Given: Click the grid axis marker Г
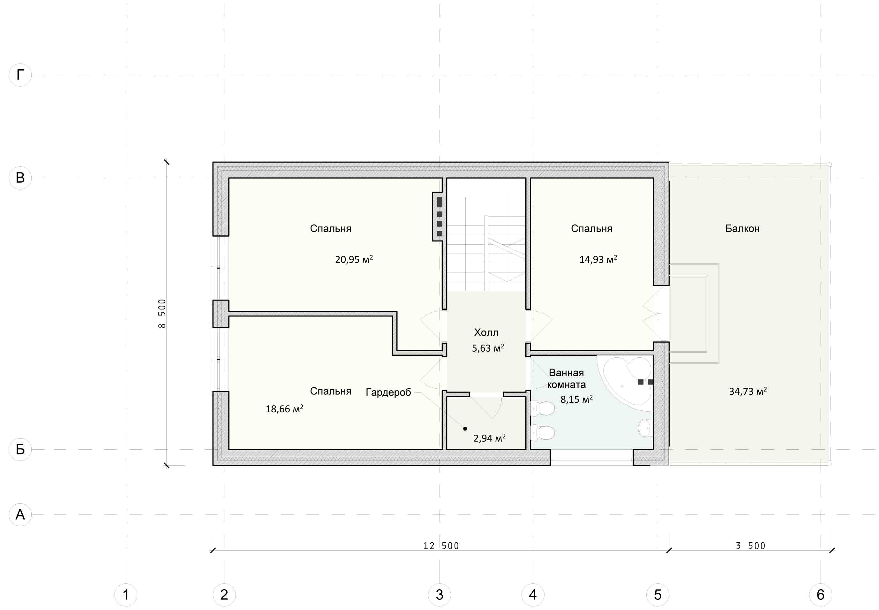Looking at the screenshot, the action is coord(20,75).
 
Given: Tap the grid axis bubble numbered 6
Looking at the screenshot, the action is coord(820,595).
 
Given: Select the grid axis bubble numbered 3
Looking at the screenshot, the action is coord(439,595).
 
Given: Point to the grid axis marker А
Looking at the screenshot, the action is coord(20,515).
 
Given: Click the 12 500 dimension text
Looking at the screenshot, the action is coord(441,546).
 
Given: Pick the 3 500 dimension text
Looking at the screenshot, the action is coord(751,546).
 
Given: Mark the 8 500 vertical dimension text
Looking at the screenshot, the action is coord(162,313).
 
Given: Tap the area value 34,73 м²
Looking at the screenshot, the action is coord(748,391).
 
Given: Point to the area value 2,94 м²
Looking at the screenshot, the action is coord(489,438).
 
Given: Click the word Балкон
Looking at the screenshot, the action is coord(742,229).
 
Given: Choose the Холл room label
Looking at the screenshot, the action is coord(486,332).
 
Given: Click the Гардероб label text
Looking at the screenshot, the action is coord(388,393).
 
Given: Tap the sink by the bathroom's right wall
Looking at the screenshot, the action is coord(646,429).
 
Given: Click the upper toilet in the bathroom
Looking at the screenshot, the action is coord(543,408).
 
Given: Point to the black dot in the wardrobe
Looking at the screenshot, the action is coord(465,429).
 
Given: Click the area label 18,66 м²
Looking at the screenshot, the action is coord(285,409).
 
